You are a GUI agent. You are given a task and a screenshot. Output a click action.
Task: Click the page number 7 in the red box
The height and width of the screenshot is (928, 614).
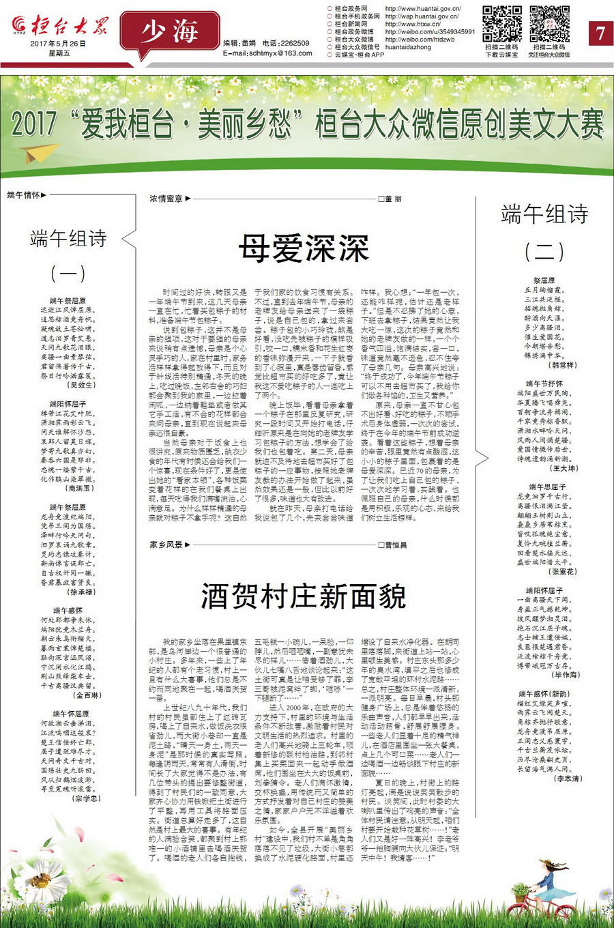(x=600, y=33)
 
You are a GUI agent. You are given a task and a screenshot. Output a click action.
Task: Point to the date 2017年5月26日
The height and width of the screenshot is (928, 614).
(x=59, y=43)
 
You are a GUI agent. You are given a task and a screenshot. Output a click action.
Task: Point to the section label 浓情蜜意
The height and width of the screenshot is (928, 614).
(x=166, y=199)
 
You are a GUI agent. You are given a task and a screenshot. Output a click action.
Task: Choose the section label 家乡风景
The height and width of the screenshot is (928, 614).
(x=166, y=545)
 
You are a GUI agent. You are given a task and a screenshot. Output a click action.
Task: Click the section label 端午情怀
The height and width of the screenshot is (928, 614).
(x=23, y=195)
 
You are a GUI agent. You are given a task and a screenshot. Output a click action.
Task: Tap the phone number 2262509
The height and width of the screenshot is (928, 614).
(x=295, y=43)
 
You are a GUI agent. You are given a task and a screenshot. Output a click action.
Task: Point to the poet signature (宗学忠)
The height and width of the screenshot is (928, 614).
(x=87, y=798)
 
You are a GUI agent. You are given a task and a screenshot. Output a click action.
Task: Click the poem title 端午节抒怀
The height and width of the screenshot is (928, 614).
(x=544, y=384)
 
